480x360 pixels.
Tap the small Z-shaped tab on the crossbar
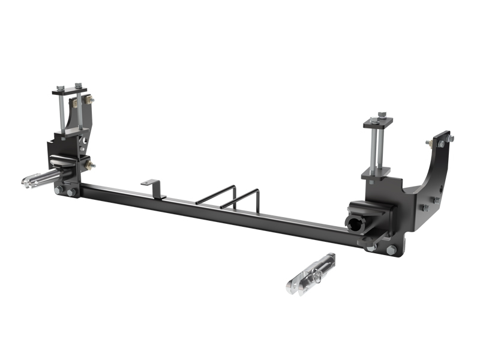coord(155,185)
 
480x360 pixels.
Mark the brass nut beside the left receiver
coord(91,163)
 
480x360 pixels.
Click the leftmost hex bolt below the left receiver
coord(59,191)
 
